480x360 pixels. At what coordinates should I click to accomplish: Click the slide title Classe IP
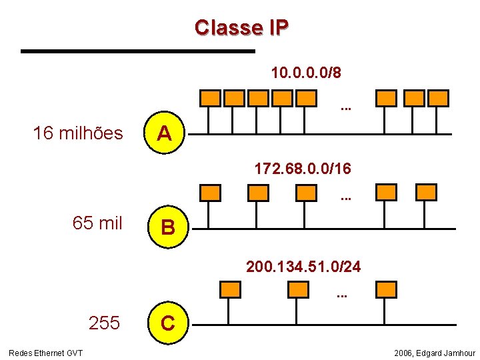tap(241, 27)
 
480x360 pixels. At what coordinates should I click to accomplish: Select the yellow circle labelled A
tap(165, 134)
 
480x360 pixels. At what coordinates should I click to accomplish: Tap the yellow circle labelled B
tap(168, 228)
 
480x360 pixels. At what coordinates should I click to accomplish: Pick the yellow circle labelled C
tap(168, 324)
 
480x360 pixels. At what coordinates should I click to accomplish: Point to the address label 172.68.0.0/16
tap(303, 168)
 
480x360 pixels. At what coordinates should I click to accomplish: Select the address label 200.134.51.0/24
tap(303, 267)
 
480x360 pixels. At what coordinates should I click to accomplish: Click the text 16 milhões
tap(78, 133)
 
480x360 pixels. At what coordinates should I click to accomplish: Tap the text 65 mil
tap(97, 223)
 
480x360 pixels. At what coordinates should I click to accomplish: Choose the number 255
tap(105, 324)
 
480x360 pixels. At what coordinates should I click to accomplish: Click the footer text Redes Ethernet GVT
tap(45, 353)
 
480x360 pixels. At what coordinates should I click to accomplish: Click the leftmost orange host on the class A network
tap(210, 99)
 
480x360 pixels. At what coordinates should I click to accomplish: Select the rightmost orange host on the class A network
tap(438, 99)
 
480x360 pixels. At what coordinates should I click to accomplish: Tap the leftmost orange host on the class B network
tap(210, 193)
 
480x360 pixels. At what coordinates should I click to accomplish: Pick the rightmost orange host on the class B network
tap(426, 193)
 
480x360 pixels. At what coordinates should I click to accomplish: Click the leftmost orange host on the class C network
tap(230, 289)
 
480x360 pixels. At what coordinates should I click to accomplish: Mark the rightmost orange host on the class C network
tap(386, 289)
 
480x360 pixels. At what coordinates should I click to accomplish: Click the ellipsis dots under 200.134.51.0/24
tap(342, 294)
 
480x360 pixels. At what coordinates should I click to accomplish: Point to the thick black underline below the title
tap(138, 51)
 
